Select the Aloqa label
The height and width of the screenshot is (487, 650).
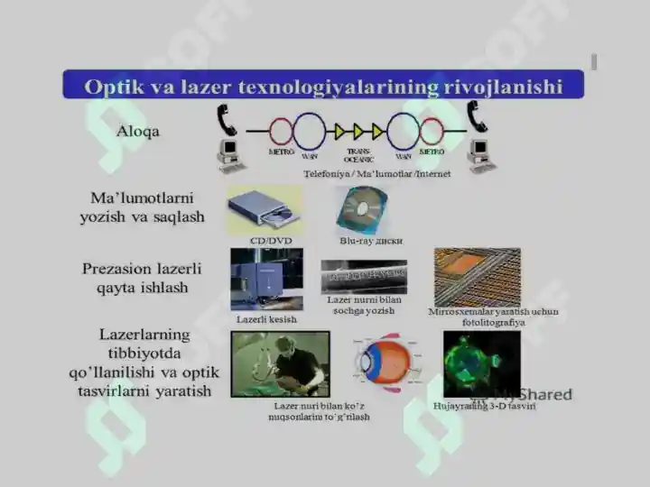[x=138, y=132]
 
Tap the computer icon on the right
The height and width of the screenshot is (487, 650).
[x=478, y=154]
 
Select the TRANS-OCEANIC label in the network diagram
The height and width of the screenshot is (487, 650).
[x=359, y=154]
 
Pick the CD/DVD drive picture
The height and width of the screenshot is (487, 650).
[x=265, y=210]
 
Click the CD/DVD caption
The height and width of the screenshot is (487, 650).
[x=270, y=241]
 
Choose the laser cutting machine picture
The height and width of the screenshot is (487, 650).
[x=266, y=280]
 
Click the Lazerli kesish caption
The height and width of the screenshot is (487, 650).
[x=266, y=319]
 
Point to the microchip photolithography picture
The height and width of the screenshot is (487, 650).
[x=477, y=277]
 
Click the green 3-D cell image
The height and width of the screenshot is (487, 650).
[x=481, y=363]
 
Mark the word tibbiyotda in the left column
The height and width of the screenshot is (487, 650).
[x=144, y=353]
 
